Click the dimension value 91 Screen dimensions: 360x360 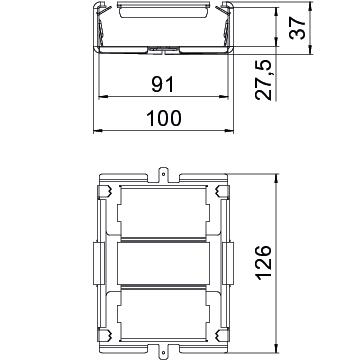point(163,84)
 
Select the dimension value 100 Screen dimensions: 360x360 point(164,118)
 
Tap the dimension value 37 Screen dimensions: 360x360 point(297,28)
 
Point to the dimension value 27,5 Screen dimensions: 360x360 point(264,80)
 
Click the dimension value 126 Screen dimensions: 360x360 point(264,262)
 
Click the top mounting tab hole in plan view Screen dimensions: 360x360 point(163,174)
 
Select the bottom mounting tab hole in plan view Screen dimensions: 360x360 point(163,352)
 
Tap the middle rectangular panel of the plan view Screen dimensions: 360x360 point(163,263)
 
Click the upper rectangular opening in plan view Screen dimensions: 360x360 point(163,212)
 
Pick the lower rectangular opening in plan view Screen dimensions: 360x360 point(163,314)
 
